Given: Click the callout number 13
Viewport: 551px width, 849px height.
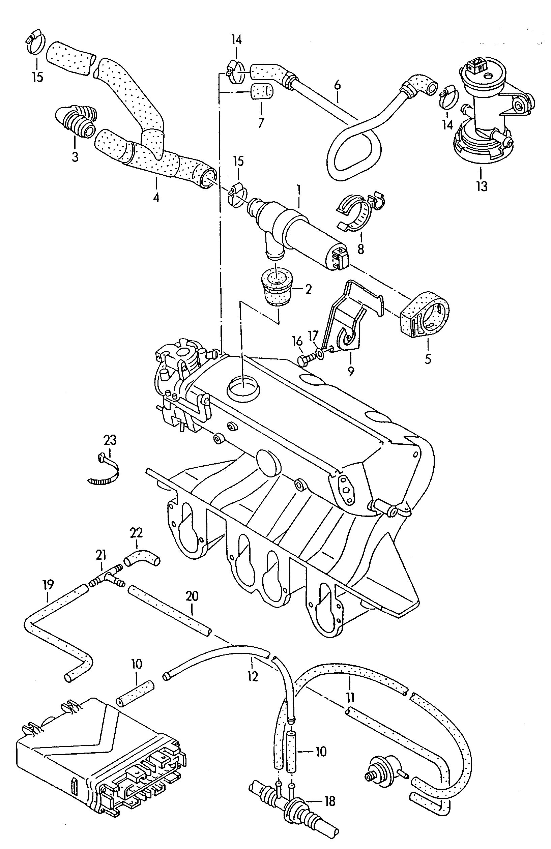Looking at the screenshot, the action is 481,186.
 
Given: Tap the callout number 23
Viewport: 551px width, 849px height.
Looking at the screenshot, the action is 110,440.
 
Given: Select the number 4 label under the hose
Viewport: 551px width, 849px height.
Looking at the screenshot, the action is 156,197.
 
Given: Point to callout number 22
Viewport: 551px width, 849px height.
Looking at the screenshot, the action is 136,533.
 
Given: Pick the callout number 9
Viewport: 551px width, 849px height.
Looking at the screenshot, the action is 351,371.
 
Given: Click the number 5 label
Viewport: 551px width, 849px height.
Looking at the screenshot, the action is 428,359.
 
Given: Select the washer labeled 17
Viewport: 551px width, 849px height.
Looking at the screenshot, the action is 320,353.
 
